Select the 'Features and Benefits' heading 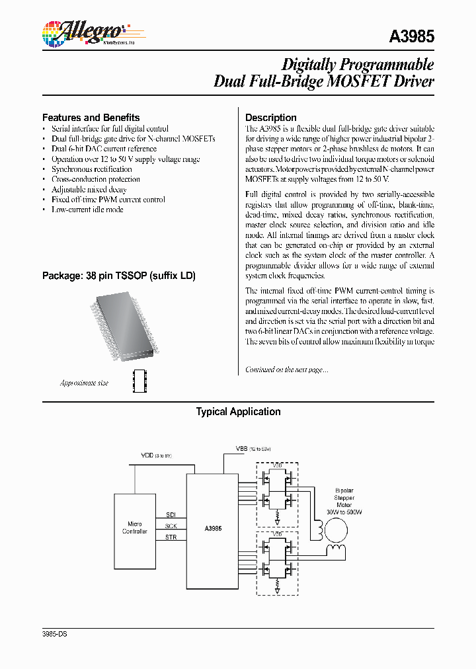point(91,118)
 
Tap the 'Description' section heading point(270,118)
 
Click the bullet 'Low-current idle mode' point(87,210)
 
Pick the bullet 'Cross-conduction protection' point(96,179)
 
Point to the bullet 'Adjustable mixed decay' point(89,190)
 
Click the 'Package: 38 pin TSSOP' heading point(118,276)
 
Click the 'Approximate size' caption point(84,383)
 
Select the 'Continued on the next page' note point(286,370)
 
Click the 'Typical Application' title point(238,412)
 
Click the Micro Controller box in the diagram point(135,528)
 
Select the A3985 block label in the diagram point(213,528)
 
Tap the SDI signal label point(171,514)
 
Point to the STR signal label point(171,537)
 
